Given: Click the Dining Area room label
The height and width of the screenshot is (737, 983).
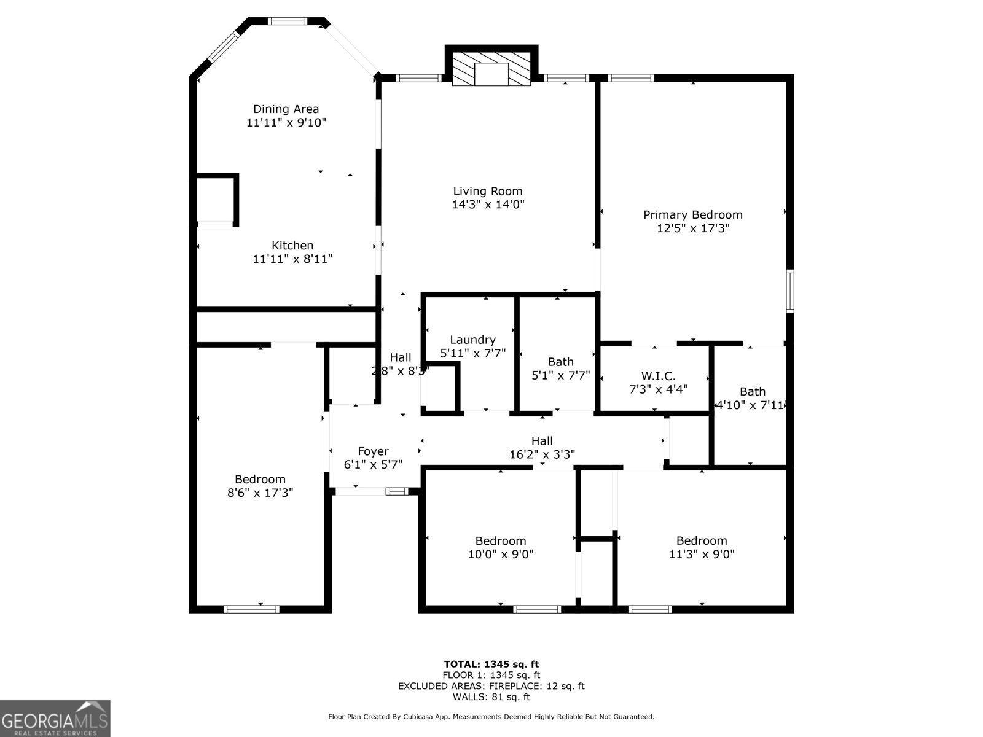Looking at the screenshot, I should click(286, 109).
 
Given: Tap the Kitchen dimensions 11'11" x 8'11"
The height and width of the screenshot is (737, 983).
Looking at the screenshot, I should click(292, 259).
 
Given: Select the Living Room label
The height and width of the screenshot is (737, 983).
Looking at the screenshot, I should click(488, 191).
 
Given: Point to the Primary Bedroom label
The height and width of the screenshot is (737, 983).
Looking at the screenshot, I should click(692, 214).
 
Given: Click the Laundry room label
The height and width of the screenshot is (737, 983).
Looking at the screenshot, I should click(472, 340).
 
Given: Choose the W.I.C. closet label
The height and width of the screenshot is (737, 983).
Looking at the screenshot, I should click(658, 375).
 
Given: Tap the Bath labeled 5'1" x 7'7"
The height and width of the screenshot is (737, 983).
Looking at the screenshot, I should click(560, 368).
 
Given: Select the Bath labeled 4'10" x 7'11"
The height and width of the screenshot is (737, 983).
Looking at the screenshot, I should click(752, 398).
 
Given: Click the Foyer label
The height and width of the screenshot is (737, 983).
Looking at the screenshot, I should click(373, 451).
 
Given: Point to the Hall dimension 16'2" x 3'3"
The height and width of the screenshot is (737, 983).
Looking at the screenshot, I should click(542, 454).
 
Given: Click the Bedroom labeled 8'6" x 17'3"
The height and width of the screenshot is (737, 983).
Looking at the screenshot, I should click(260, 485).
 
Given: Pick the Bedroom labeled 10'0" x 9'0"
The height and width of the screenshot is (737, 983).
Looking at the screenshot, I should click(500, 547).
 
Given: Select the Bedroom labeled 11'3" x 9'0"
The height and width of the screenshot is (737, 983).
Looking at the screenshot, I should click(702, 547).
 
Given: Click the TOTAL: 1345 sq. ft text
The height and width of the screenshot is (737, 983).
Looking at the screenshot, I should click(491, 664).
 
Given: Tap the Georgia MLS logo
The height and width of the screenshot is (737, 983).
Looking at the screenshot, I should click(55, 719).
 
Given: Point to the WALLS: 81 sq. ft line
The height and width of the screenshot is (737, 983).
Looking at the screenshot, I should click(491, 697).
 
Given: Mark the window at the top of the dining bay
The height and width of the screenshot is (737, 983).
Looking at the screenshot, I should click(288, 21).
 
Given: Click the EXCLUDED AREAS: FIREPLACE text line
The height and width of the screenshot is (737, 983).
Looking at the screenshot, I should click(491, 686).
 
